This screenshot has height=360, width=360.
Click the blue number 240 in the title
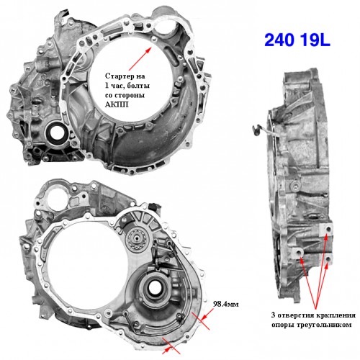[x=279, y=40]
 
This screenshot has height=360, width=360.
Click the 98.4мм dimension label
[x=226, y=304]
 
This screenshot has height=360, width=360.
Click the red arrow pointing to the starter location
[x=140, y=58]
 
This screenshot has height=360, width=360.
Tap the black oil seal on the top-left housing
[x=56, y=132]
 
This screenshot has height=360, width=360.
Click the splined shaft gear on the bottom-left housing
[x=135, y=238]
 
